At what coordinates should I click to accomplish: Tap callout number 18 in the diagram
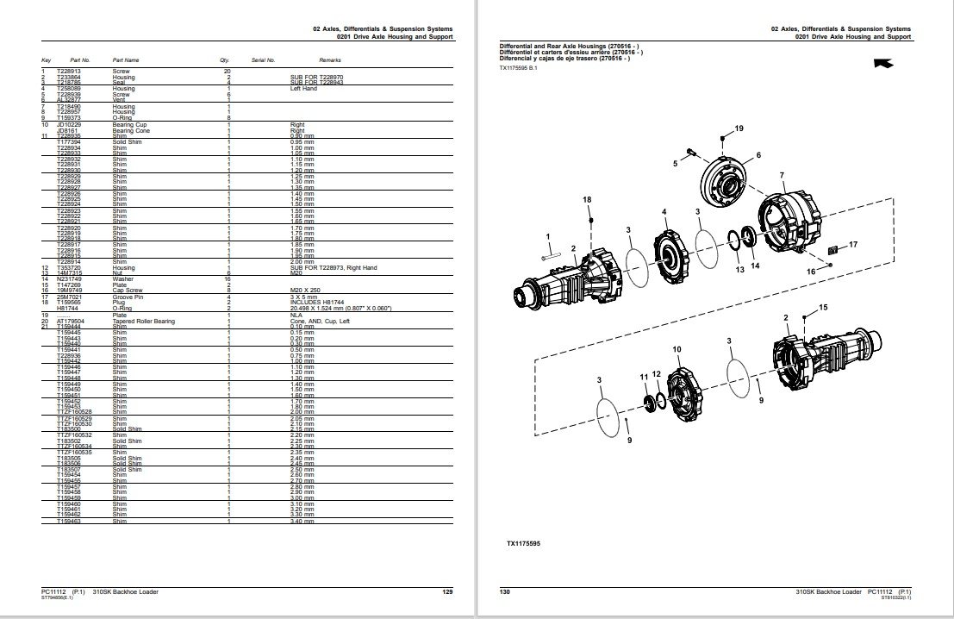587,199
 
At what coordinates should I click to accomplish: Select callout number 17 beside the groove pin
853,246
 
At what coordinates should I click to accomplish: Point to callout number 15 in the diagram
822,307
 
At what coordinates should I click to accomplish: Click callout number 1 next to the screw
546,236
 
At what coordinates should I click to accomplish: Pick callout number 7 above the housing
782,176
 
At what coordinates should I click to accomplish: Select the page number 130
505,591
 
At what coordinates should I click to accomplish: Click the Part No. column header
67,60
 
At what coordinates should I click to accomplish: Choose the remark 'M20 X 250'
306,291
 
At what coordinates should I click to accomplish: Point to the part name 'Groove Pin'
127,297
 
